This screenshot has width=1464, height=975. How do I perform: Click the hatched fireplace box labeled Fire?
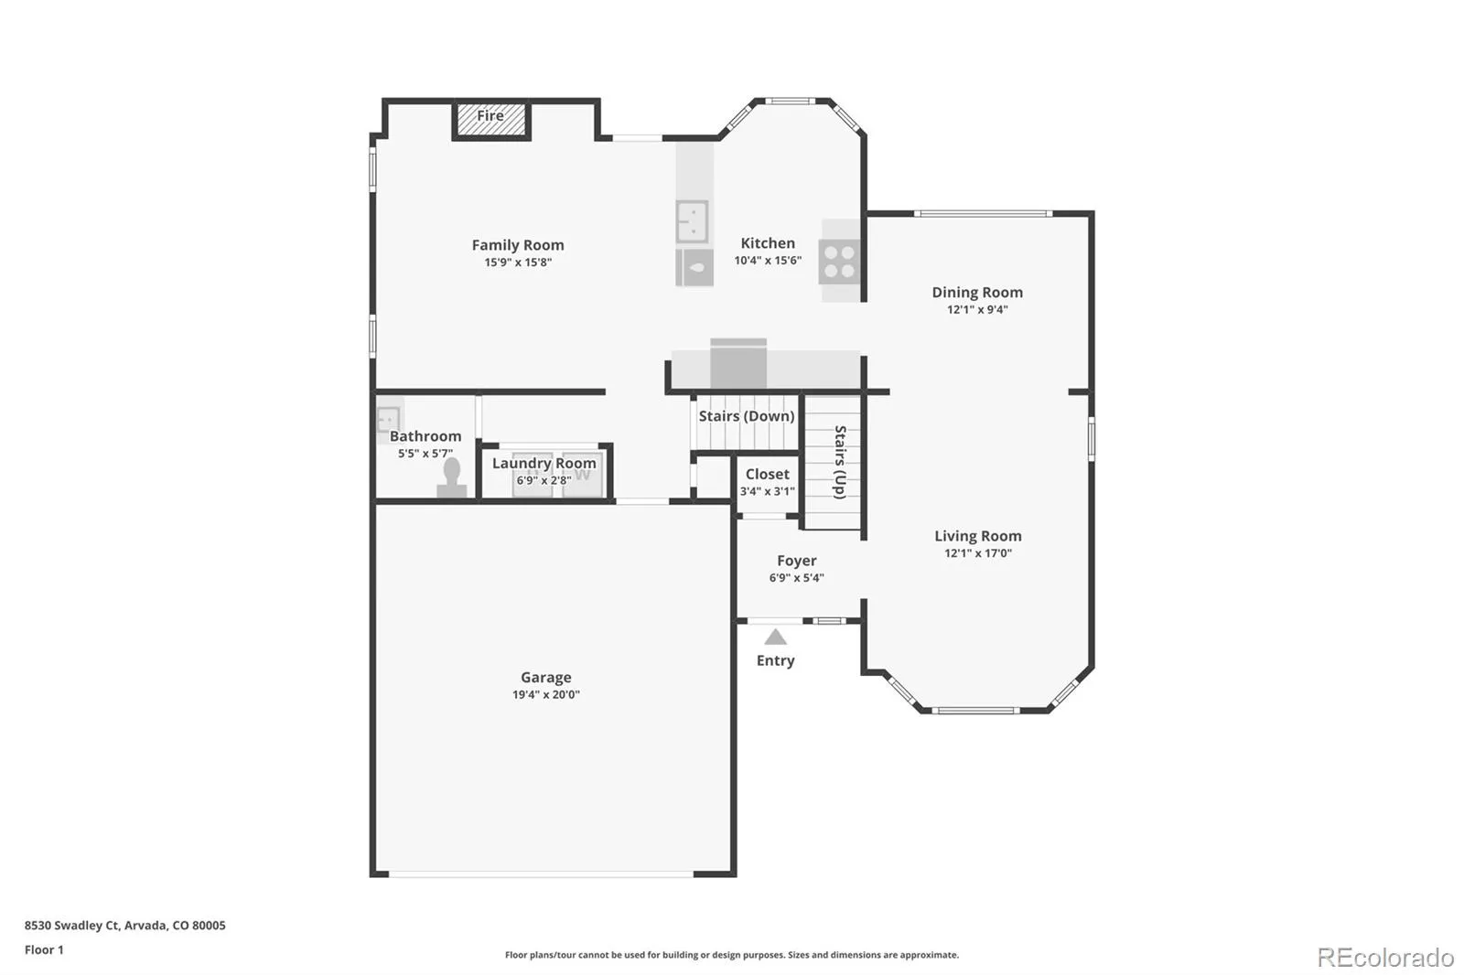point(490,120)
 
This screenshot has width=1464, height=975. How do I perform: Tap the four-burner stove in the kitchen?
point(839,261)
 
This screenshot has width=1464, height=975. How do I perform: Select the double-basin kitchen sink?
point(692,221)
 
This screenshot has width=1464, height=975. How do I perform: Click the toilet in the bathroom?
point(452,478)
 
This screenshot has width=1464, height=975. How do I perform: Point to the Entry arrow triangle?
point(775,637)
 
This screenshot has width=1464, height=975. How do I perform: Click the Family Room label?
point(518,245)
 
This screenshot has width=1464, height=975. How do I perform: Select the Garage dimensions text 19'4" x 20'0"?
point(545,694)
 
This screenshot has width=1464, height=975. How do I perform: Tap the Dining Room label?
point(977,292)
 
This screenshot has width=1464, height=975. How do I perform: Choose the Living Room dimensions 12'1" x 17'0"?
point(978,552)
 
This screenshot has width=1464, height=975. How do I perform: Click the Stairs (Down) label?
point(747,416)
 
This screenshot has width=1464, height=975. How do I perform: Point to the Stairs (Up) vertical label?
point(840,462)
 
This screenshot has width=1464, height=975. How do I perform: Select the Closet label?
point(768,474)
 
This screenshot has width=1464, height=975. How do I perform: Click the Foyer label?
point(797,561)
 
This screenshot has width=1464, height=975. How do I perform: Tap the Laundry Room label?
point(544,464)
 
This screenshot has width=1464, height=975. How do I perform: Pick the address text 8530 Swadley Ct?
point(72,926)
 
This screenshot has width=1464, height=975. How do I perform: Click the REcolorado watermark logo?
point(1385,958)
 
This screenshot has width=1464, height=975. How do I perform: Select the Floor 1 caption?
point(44,950)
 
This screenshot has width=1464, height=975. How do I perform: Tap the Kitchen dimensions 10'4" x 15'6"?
point(768,260)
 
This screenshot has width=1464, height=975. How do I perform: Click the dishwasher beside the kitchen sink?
point(694,267)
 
